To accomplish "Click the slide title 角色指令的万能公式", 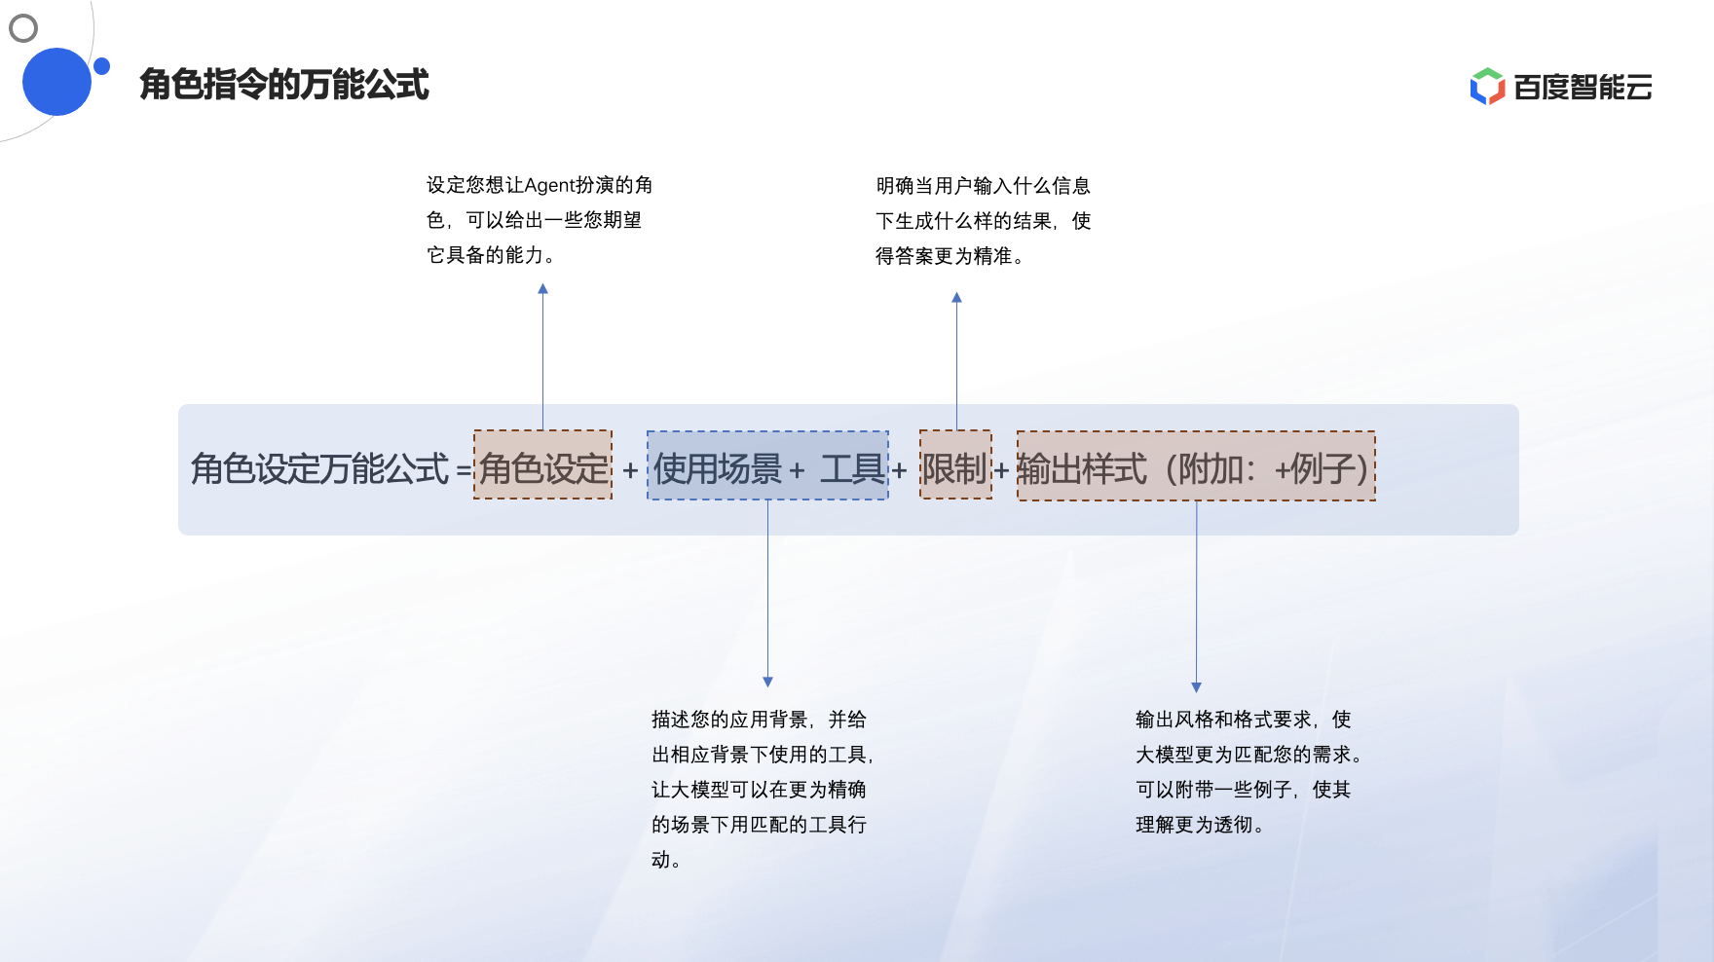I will tap(283, 85).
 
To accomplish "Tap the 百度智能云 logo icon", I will tap(1487, 87).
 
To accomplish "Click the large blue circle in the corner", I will tap(56, 82).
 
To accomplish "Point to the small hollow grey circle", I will tap(23, 28).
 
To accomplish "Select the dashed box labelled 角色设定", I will tap(542, 465).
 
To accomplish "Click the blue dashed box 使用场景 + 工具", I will tap(767, 466).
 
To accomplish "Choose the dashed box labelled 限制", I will tap(955, 465).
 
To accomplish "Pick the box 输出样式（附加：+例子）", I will tap(1196, 466).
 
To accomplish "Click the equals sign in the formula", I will tap(464, 470).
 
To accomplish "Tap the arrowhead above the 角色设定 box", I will tap(543, 289).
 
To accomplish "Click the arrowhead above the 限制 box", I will tap(956, 298).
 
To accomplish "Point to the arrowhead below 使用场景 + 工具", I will tap(767, 682).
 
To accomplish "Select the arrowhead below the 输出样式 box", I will tap(1196, 686).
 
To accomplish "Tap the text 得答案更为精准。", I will tap(950, 256).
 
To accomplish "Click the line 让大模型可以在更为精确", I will tap(759, 790).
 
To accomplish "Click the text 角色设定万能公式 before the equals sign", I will tap(319, 469).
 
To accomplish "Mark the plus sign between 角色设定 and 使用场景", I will tap(630, 470).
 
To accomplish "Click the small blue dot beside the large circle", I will tap(101, 66).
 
